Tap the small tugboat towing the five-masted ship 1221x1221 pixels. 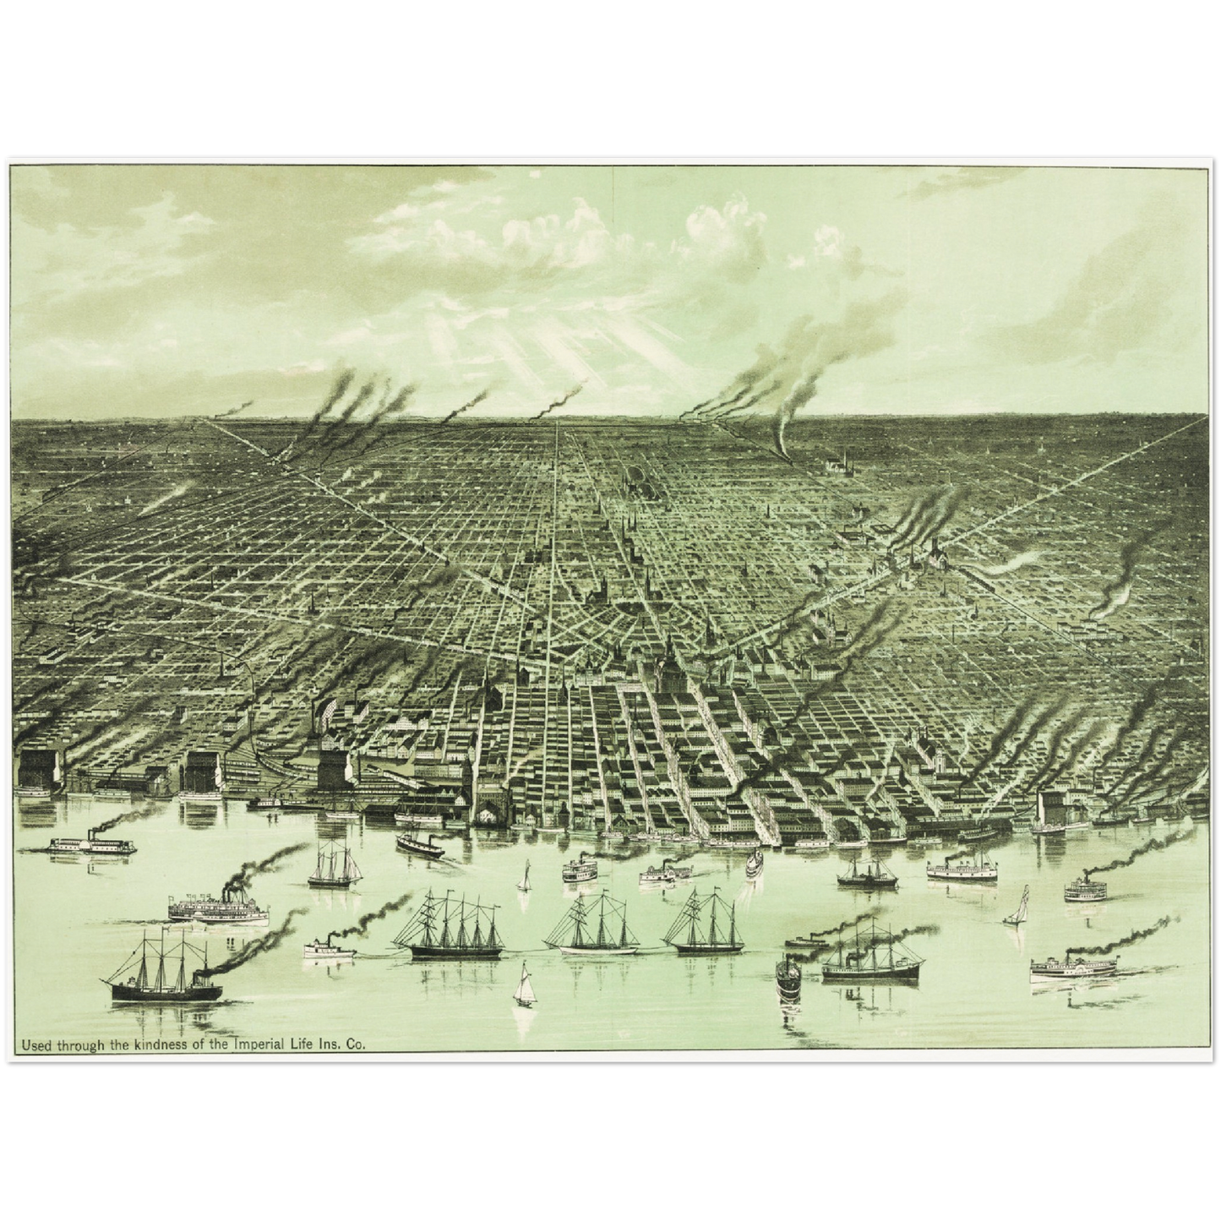pyautogui.click(x=329, y=947)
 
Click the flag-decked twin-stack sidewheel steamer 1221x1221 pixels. pyautogui.click(x=218, y=908)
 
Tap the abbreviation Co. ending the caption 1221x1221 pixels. pyautogui.click(x=357, y=1045)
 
